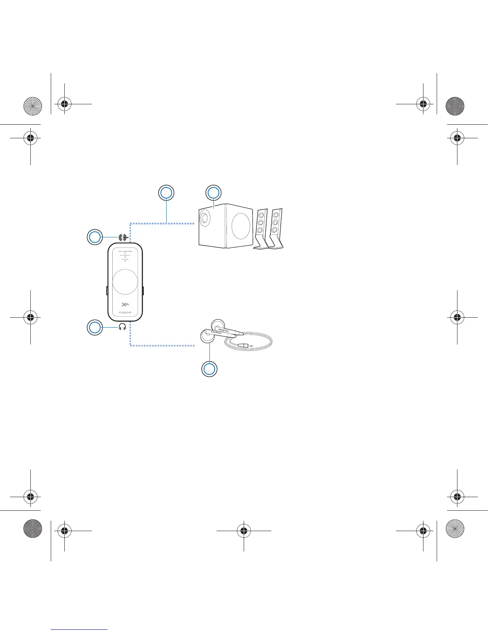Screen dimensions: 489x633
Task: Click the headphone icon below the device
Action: pos(122,327)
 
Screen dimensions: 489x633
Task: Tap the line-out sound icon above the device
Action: pos(124,237)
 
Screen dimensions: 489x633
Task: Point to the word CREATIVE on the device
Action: pos(125,313)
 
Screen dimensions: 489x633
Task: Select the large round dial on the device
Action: pos(125,281)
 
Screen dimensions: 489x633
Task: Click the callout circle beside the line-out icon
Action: pos(95,237)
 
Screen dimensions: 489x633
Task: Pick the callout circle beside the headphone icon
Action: pos(95,328)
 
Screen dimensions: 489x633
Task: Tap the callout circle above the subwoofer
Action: pos(213,193)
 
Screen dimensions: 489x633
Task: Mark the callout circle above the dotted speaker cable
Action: pos(166,193)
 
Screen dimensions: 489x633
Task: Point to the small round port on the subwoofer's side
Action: pos(205,218)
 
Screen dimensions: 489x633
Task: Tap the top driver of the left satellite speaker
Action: pos(261,215)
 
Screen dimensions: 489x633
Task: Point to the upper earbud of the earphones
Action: pos(218,324)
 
